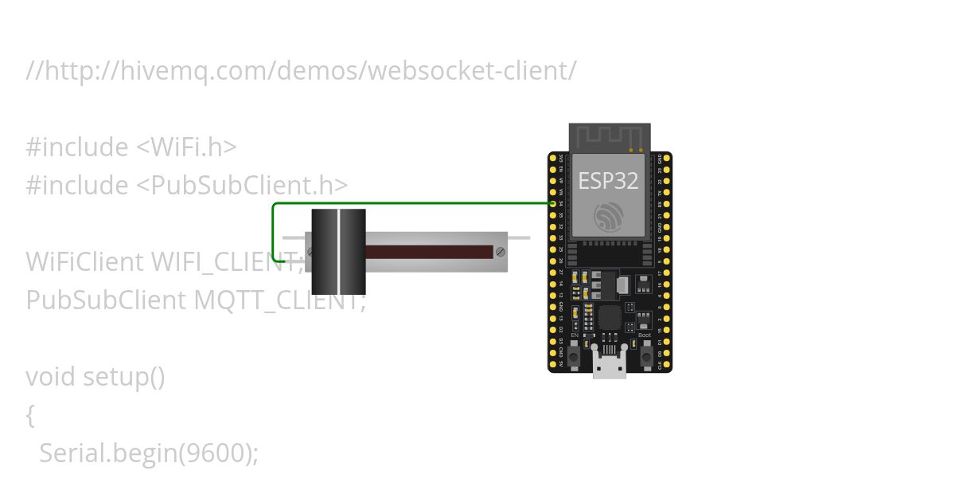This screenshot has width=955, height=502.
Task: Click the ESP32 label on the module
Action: (608, 181)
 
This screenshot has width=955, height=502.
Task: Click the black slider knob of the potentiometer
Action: (338, 252)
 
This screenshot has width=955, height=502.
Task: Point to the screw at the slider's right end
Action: (500, 252)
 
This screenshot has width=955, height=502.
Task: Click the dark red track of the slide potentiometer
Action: (430, 252)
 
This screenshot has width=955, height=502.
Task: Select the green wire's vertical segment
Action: (273, 231)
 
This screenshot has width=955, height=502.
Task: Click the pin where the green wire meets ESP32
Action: (552, 204)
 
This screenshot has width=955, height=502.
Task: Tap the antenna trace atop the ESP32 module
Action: (610, 135)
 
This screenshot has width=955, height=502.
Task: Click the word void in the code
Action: (51, 376)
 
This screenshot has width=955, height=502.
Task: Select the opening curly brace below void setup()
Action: (31, 415)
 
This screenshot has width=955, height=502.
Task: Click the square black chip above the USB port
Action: (610, 317)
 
